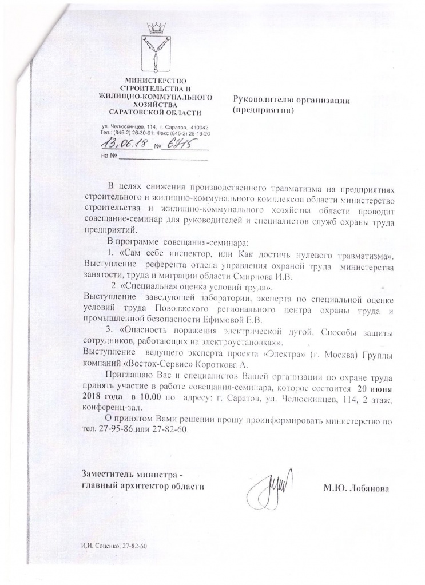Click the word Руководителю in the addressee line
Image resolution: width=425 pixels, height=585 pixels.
(259, 100)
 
